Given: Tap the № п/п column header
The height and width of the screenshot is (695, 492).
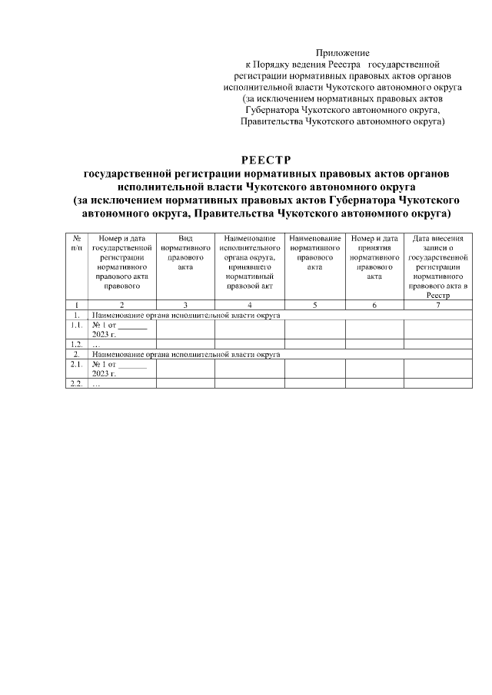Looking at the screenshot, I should click(x=77, y=243).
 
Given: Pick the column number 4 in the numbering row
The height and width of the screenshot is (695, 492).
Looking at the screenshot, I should click(x=250, y=305).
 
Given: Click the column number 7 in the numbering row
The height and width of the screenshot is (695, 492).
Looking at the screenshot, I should click(x=437, y=305).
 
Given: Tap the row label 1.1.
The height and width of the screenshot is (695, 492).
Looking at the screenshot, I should click(x=77, y=325).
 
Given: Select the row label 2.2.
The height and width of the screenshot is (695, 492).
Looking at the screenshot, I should click(x=77, y=383).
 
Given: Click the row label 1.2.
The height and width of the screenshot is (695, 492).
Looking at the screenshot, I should click(x=77, y=345).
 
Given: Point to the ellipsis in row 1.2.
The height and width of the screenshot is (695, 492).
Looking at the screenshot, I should click(x=96, y=345).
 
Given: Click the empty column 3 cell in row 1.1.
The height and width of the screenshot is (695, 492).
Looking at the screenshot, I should click(x=185, y=329).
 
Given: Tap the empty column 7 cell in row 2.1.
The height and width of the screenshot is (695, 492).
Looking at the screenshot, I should click(x=437, y=368).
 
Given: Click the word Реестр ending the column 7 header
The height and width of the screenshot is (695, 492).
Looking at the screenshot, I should click(x=437, y=294).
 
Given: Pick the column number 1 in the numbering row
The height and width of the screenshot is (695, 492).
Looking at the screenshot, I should click(x=77, y=305).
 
